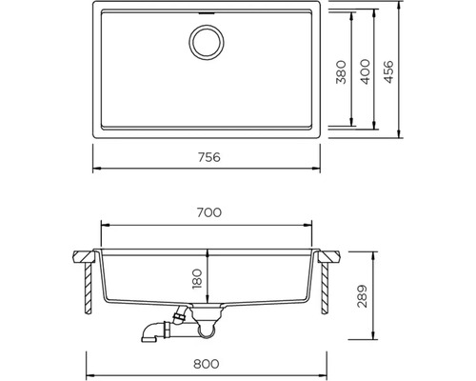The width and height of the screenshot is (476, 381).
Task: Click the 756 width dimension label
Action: tap(209, 157)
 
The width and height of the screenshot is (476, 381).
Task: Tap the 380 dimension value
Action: tap(341, 72)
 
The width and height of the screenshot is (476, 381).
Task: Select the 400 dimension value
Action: tap(366, 71)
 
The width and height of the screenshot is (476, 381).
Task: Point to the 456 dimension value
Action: tap(388, 71)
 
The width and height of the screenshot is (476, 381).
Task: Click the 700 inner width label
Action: tap(209, 212)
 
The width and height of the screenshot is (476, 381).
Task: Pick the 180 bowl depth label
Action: tap(197, 279)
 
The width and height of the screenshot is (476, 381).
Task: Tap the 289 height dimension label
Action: tap(362, 296)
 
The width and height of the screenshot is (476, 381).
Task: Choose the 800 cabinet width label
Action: tap(207, 364)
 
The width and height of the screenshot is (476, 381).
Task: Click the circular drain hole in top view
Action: tap(207, 42)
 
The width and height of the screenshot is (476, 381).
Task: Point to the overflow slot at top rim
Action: tap(207, 13)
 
